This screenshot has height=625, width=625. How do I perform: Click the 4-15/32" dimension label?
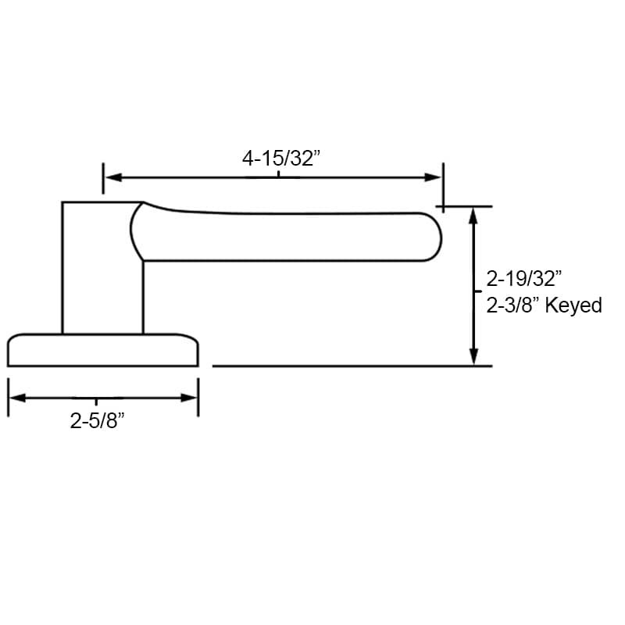282,159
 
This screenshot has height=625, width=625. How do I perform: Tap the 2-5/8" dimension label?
98,422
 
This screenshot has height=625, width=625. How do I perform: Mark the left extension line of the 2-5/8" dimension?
8,398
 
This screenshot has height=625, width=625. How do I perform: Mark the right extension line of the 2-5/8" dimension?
198,398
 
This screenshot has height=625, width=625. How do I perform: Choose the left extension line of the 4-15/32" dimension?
103,178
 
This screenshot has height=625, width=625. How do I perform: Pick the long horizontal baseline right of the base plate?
352,366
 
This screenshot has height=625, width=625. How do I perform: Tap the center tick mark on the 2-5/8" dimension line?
97,399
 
